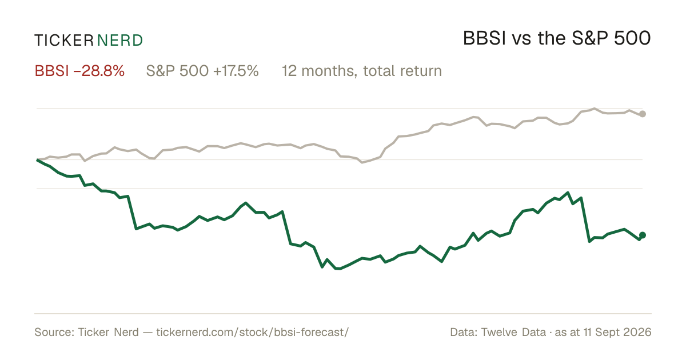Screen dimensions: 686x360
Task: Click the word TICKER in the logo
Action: tap(63, 41)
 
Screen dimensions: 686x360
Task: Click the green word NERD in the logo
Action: tap(119, 41)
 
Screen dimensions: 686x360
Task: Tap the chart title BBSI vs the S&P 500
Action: tap(556, 38)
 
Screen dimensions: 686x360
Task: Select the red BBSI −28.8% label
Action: tap(79, 71)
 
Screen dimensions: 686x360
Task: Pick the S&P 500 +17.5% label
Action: tap(202, 71)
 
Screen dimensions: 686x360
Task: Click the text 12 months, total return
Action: tap(362, 71)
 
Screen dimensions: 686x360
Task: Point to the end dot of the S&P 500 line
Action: tap(643, 114)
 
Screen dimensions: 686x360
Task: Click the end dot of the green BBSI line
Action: tap(643, 235)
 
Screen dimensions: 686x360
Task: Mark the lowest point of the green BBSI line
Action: tap(338, 269)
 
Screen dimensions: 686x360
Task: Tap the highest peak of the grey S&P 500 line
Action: tap(595, 109)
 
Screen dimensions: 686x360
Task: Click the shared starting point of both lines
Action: tap(37, 160)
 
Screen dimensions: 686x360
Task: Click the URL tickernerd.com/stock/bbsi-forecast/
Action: tap(252, 332)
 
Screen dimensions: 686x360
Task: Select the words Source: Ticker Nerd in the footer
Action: tap(87, 332)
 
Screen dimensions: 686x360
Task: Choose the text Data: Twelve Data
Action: tap(498, 332)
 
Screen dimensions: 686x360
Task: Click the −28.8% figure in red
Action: tap(99, 71)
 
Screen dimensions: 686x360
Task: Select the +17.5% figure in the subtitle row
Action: tap(236, 71)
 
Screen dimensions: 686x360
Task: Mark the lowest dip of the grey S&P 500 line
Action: tap(362, 162)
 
